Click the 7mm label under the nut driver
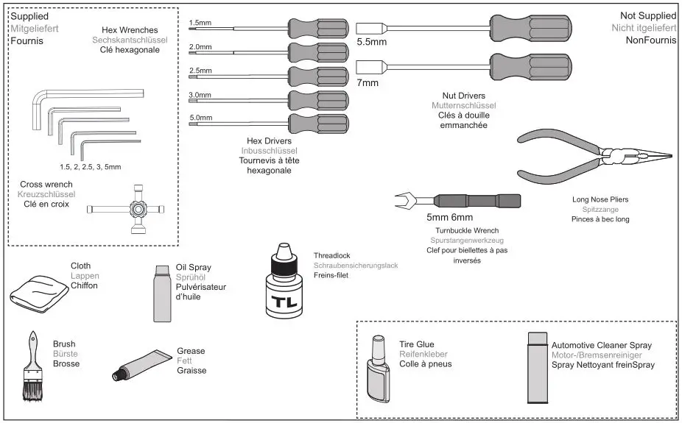(368, 83)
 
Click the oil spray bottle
(163, 294)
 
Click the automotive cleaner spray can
(538, 369)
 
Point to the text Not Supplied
(647, 15)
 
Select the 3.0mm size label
(200, 96)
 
